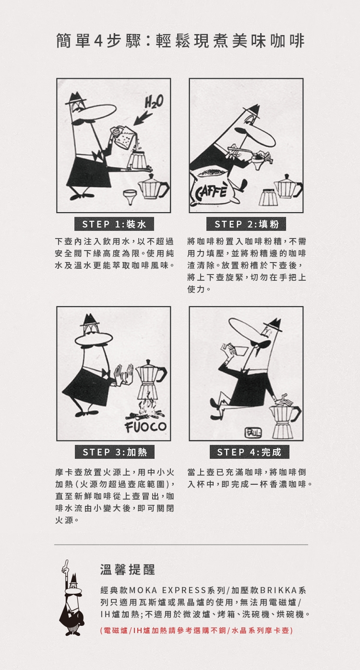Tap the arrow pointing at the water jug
143,119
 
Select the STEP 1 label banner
114,224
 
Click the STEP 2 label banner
246,224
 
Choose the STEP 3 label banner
115,452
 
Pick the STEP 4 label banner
249,452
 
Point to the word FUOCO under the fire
146,427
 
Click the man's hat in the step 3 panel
89,321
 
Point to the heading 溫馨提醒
128,570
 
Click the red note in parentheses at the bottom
196,630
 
